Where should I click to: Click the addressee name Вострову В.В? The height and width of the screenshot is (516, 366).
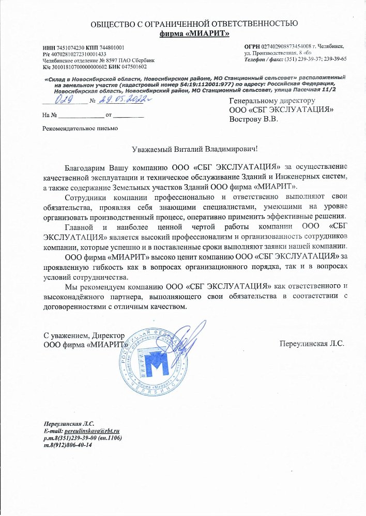[253, 119]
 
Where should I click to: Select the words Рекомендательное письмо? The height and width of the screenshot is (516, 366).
[80, 127]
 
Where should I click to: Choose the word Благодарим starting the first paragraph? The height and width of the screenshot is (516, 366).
[85, 168]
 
